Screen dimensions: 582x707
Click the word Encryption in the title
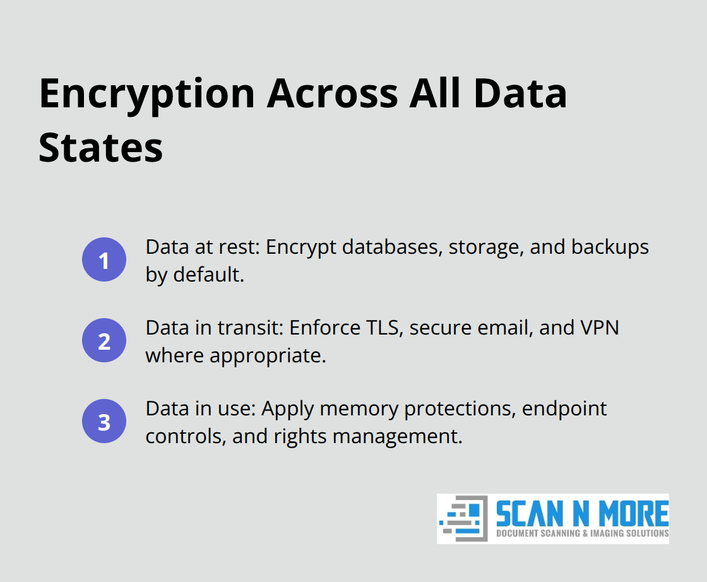(x=147, y=94)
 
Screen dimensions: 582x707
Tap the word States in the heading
(x=101, y=148)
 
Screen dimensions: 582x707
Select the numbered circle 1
(x=104, y=260)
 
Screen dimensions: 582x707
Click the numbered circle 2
(x=104, y=341)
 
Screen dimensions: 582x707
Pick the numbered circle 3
(x=104, y=422)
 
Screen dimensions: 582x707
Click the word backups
(x=610, y=247)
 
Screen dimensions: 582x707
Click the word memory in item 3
(x=358, y=408)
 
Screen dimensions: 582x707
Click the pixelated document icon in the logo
(x=464, y=518)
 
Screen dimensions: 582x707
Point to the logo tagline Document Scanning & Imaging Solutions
(x=581, y=533)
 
